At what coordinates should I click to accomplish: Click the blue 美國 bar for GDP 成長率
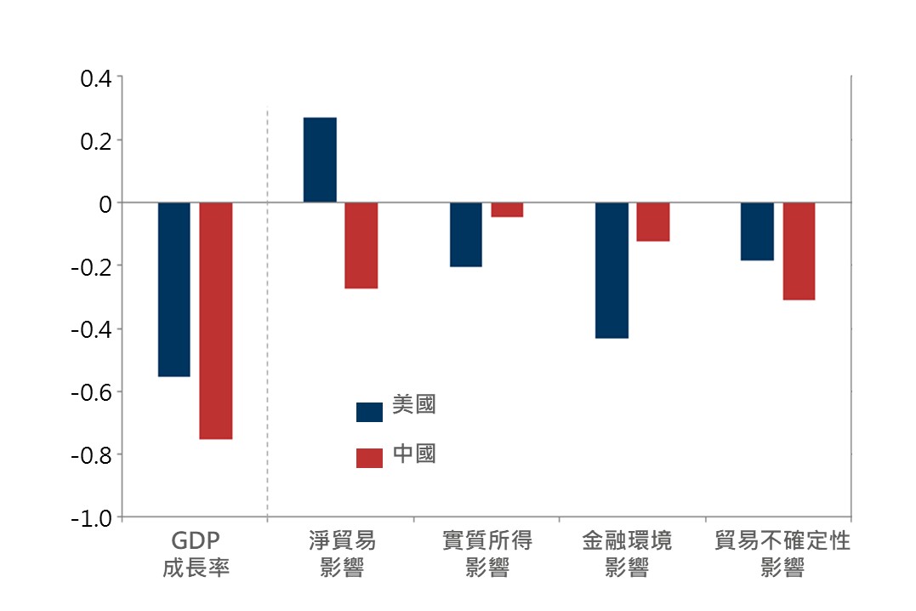174,289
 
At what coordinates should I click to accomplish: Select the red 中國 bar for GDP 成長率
216,321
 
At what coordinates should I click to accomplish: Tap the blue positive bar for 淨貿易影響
320,160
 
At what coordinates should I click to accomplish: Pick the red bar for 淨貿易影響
361,246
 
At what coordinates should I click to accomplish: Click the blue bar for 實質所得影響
465,235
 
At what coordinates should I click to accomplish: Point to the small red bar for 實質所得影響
507,210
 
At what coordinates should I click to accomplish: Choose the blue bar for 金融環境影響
612,271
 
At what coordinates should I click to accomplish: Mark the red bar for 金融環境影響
653,222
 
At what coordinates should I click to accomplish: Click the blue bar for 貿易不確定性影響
757,231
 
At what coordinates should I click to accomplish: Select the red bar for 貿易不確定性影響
799,251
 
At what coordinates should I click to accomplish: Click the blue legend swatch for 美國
369,412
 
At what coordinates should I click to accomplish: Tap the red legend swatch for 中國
369,458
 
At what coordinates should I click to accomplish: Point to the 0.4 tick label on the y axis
95,78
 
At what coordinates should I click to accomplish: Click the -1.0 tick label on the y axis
92,517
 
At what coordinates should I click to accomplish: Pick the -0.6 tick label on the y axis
92,392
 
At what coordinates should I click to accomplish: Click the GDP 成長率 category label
196,554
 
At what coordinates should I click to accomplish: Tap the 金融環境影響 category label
627,554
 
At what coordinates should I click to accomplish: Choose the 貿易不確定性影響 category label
782,554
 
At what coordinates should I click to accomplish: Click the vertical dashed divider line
267,340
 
